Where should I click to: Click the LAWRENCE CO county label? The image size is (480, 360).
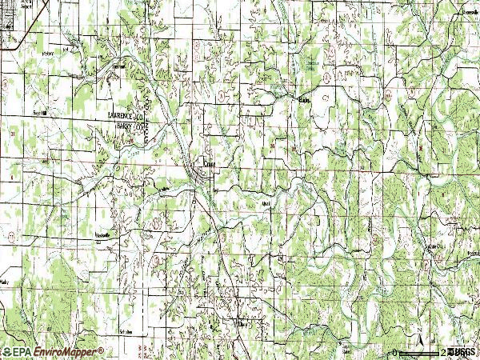pos(129,116)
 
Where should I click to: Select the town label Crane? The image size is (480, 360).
pos(210,163)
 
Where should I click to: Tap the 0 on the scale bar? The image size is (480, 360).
pos(394,352)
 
